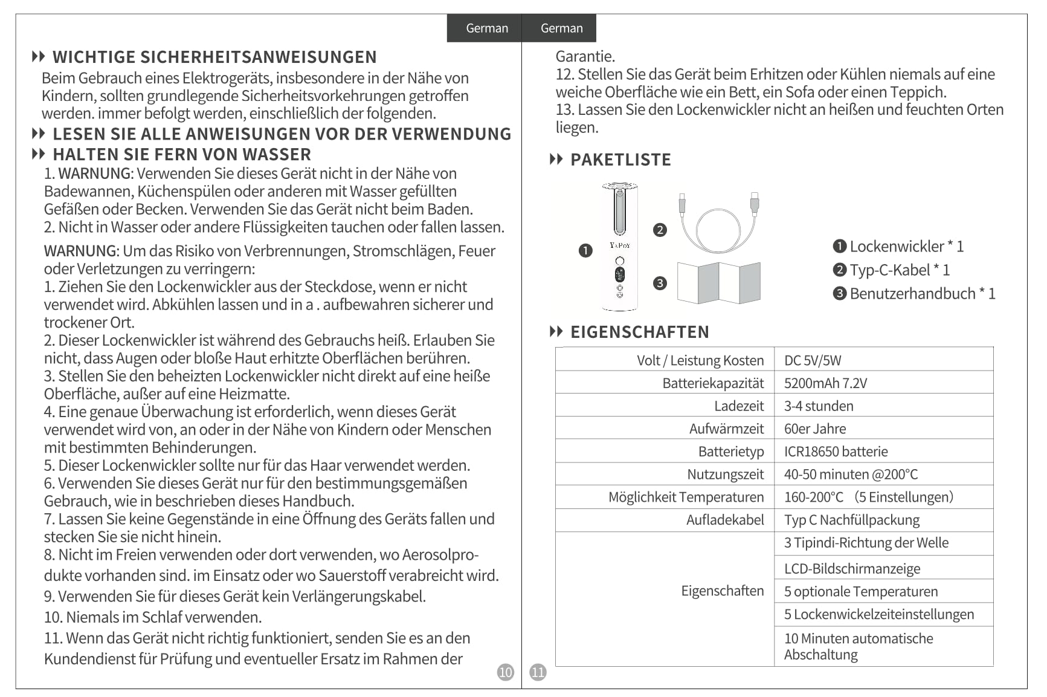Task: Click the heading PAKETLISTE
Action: (x=620, y=160)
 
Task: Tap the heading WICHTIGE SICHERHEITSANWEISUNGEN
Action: (x=214, y=57)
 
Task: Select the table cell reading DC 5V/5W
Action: (x=812, y=360)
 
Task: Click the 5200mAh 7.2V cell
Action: (x=825, y=383)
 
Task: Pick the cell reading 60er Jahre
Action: (x=814, y=429)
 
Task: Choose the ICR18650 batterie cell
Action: (x=836, y=452)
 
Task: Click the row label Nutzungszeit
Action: (x=725, y=475)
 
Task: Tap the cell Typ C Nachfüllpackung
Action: (x=851, y=520)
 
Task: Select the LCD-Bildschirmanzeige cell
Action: (x=852, y=569)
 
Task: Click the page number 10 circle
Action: (x=505, y=672)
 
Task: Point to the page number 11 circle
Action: (x=538, y=672)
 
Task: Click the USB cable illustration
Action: (x=718, y=222)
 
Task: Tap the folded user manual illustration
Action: (x=718, y=282)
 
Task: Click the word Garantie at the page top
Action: (x=585, y=56)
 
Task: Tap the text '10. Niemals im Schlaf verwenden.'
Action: (x=153, y=617)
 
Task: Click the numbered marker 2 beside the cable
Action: (x=660, y=230)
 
